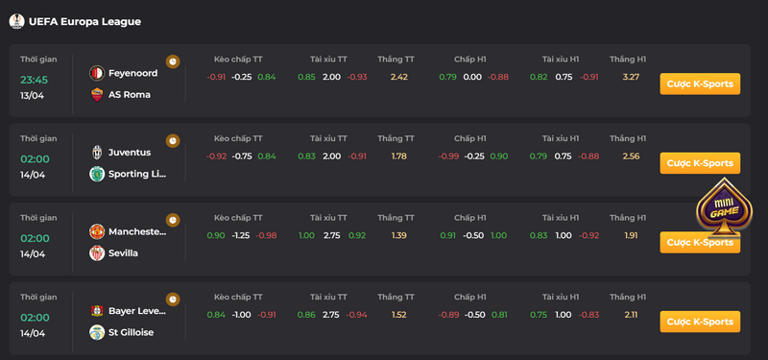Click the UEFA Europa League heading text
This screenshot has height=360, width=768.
(84, 21)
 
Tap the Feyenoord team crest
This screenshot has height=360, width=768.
(97, 74)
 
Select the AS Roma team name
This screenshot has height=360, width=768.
(130, 94)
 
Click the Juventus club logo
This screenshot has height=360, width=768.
(97, 153)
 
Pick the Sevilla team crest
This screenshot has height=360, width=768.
(97, 253)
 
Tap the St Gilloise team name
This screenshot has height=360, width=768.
(131, 332)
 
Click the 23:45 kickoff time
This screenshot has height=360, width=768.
(34, 80)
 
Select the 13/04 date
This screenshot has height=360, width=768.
(32, 95)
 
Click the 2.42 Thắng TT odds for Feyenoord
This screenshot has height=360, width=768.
(399, 77)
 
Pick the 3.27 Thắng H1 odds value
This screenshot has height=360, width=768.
(632, 77)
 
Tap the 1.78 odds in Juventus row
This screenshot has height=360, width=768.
(399, 156)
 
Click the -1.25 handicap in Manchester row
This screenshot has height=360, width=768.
(241, 235)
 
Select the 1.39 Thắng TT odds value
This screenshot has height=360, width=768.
(399, 235)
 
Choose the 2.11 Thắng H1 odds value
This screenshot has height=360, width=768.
(632, 315)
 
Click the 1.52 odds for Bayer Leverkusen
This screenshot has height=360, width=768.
(399, 315)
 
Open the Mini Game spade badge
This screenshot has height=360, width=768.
(724, 207)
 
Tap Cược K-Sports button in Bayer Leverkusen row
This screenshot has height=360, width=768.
(700, 322)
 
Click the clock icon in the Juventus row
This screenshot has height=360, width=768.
(173, 140)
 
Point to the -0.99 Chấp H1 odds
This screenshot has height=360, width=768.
(448, 156)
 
